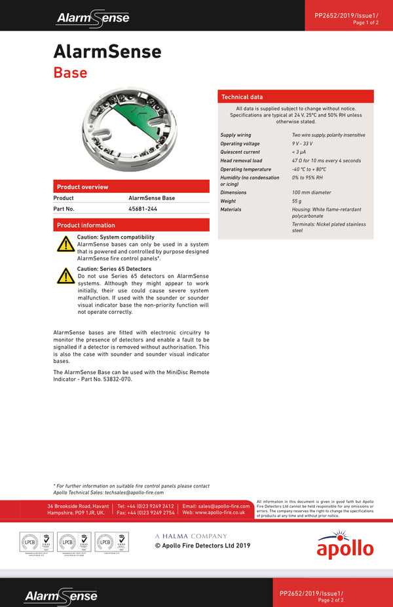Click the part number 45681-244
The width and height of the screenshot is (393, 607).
click(x=143, y=209)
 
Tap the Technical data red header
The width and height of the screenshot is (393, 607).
click(x=295, y=97)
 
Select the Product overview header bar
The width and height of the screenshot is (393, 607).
click(x=131, y=186)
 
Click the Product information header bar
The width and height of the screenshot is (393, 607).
click(x=131, y=225)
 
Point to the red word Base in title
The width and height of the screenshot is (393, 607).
click(x=70, y=72)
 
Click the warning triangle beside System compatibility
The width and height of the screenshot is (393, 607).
click(x=65, y=245)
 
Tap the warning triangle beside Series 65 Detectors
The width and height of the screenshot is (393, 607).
click(x=65, y=276)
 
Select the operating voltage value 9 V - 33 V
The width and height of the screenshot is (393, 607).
click(x=303, y=144)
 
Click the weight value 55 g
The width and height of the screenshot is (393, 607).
click(x=297, y=201)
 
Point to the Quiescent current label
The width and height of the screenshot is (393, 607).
click(x=240, y=152)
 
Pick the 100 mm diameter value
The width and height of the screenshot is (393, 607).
click(x=312, y=193)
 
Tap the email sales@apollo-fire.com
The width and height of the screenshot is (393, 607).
click(x=216, y=506)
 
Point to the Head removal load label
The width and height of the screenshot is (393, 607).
click(x=241, y=161)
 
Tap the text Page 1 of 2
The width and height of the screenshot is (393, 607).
click(x=365, y=23)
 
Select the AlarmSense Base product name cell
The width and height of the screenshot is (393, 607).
click(x=152, y=198)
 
